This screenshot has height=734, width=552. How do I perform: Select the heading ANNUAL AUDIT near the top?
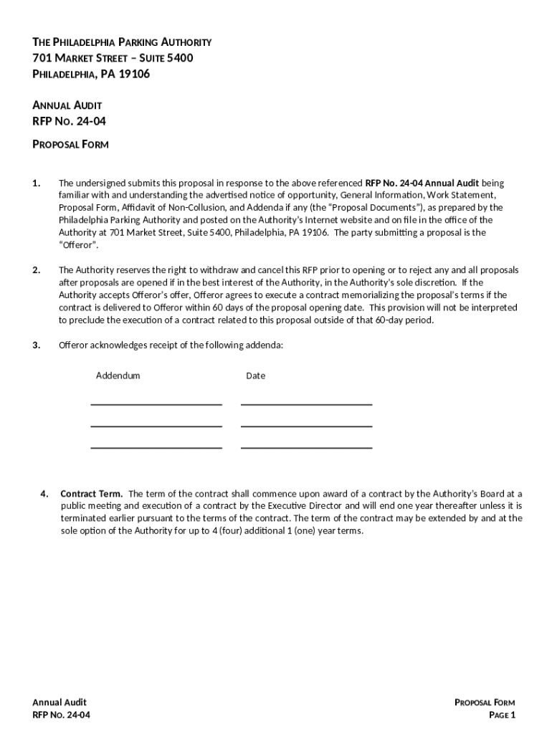[x=67, y=105]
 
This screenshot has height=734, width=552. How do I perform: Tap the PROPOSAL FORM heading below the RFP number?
[x=71, y=144]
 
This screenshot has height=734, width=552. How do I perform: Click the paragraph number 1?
[x=37, y=183]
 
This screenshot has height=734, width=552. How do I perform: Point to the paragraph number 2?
[x=37, y=270]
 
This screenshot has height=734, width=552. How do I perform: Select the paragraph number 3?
[x=37, y=345]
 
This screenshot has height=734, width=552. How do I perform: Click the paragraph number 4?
[x=44, y=493]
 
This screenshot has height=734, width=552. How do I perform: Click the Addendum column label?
[x=118, y=376]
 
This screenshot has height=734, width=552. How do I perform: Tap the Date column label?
[x=255, y=376]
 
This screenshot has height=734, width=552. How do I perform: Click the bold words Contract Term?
[x=91, y=493]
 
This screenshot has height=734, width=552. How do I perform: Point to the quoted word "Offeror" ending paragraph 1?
[x=78, y=245]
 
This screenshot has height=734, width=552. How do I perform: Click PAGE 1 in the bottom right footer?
[x=502, y=715]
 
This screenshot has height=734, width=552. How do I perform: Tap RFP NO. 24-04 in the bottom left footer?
[x=62, y=715]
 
